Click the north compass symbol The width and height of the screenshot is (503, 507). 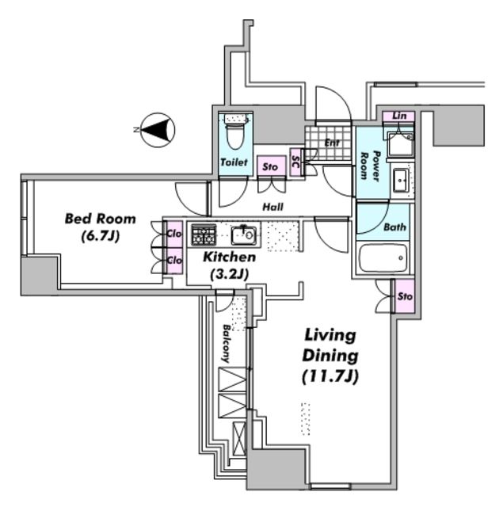158,130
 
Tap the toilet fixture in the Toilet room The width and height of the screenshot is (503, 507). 235,130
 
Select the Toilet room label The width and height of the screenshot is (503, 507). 234,162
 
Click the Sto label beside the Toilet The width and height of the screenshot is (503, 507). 270,167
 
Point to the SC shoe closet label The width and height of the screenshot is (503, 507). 295,162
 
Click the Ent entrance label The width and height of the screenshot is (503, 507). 332,143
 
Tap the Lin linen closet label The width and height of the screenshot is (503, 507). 399,116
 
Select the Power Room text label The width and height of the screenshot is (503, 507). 371,166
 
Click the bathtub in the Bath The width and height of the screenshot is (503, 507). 383,258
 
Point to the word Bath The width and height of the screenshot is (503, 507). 394,227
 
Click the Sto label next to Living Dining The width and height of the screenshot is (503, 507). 405,296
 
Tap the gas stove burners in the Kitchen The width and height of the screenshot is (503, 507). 204,234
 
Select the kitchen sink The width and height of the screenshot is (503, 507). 244,235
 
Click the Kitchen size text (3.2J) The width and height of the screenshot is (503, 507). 229,275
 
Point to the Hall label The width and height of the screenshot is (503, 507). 272,207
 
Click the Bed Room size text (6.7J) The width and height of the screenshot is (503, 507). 101,236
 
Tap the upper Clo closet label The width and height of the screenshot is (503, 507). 174,234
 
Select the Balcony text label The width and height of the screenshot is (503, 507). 227,343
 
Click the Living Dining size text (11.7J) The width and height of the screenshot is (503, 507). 330,376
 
